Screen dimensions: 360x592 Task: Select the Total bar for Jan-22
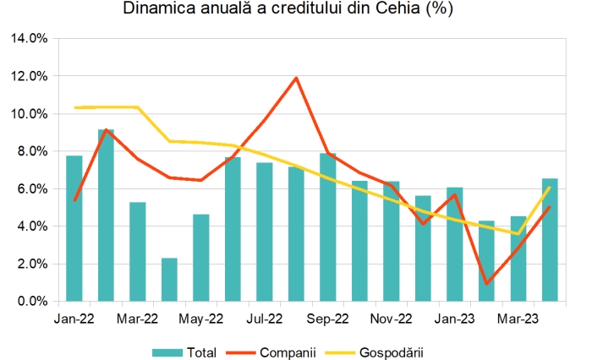point(74,228)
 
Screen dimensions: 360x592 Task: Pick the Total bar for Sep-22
point(328,227)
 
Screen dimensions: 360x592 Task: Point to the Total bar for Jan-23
point(455,244)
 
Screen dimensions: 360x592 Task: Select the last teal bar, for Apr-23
point(550,240)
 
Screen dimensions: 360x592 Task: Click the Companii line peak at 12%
point(296,78)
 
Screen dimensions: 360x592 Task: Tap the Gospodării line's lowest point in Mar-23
point(518,233)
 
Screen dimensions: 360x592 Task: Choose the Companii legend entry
point(278,352)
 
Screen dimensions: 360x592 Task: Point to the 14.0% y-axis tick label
point(30,39)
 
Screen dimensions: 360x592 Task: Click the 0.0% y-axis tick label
point(33,301)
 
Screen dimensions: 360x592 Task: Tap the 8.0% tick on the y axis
point(33,151)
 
